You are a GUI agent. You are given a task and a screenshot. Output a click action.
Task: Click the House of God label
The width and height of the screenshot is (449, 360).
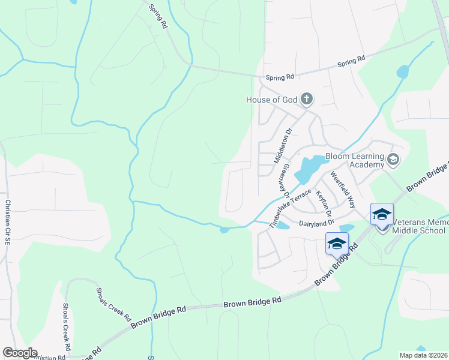pos(272,100)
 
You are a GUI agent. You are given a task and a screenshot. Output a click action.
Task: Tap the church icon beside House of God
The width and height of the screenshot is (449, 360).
pos(307,99)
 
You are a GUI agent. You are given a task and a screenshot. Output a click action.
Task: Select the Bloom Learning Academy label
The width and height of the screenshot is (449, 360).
pos(354,160)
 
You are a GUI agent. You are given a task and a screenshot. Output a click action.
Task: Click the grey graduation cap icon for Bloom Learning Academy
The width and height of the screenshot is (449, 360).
pos(393,159)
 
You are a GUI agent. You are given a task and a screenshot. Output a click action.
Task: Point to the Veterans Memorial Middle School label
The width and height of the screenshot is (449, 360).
pos(420,226)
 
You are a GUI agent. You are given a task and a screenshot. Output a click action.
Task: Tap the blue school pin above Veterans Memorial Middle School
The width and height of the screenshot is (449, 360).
pos(382,215)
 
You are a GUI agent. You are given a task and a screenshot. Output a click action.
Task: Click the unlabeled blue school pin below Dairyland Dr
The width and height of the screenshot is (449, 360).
pos(337,244)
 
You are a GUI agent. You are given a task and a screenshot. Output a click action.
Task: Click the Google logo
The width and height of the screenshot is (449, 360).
pos(20,353)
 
